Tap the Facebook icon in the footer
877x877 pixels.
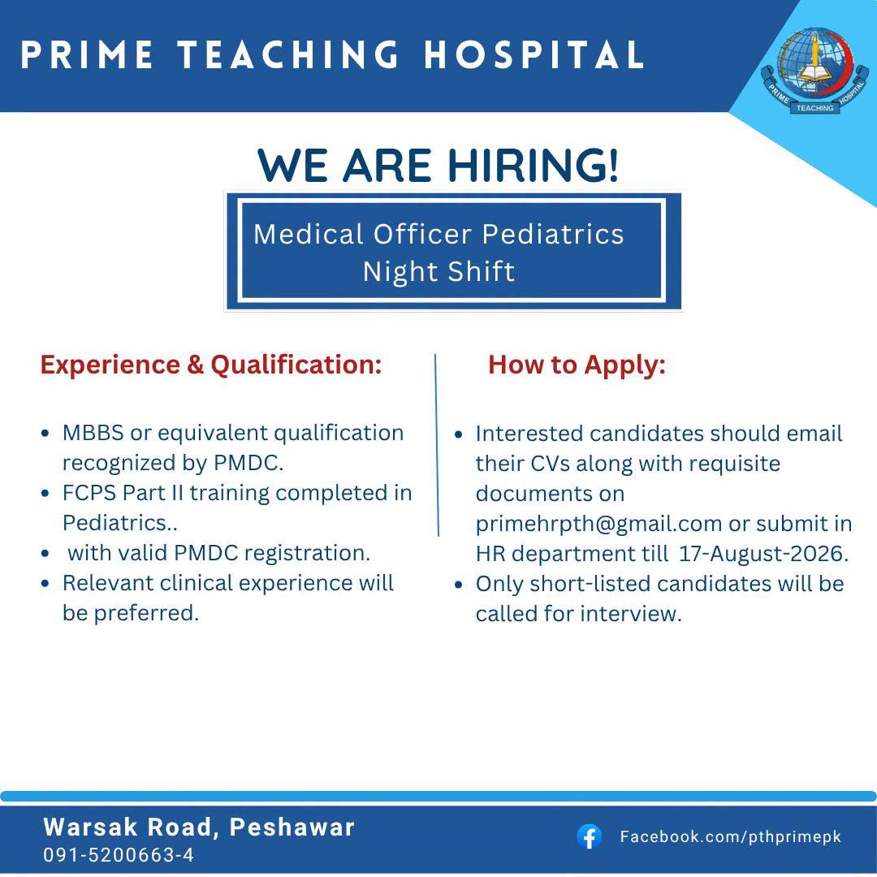point(589,837)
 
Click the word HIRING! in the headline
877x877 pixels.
point(534,166)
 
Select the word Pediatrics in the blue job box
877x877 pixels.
point(553,234)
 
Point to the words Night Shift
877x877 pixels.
point(438,272)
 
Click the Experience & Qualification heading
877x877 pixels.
point(211,365)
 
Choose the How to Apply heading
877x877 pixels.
point(577,365)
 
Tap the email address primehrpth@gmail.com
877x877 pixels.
point(598,524)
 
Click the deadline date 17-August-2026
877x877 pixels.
point(763,554)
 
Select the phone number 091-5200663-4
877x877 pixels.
point(119,854)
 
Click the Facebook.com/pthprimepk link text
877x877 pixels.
point(731,836)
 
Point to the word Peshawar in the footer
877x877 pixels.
point(292,827)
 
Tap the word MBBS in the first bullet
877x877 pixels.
point(93,433)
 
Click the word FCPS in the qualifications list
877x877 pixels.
point(89,493)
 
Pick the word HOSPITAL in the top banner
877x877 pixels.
point(534,55)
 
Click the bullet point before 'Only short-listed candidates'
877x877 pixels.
point(459,585)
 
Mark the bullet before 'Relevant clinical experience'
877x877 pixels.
point(45,583)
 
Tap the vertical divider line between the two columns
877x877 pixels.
point(437,445)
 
